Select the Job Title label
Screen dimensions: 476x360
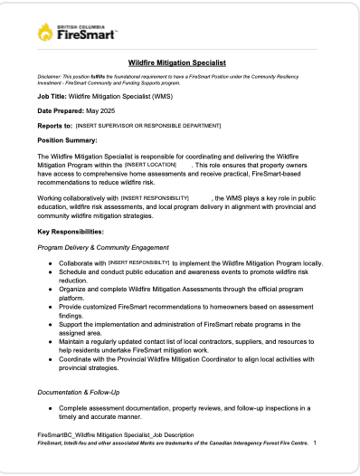tap(52, 94)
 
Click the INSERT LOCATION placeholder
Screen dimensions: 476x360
tap(150, 165)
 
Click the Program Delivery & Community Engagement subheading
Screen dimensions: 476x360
tap(102, 246)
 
